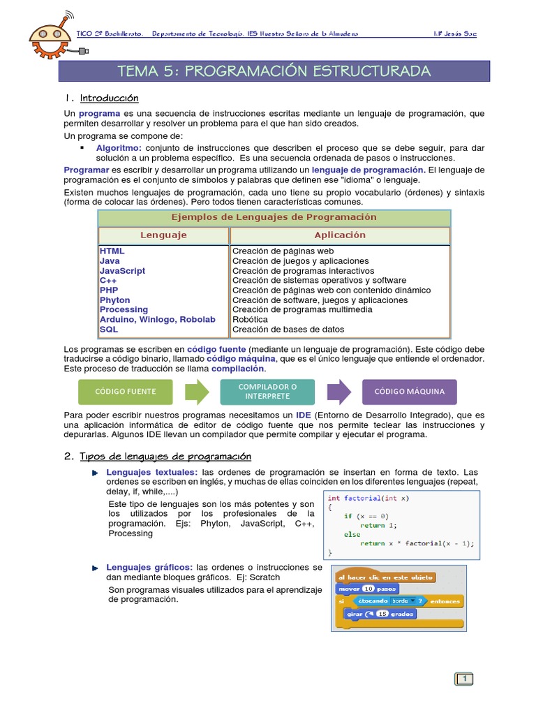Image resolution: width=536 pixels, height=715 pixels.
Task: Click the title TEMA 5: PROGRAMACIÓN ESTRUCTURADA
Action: coord(274,71)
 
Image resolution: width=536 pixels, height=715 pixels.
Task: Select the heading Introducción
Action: coord(110,98)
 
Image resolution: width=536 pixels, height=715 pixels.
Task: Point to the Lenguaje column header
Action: coord(163,235)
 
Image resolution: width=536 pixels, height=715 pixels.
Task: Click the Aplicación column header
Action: coord(340,235)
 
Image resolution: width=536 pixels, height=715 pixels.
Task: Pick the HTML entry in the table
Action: coord(112,251)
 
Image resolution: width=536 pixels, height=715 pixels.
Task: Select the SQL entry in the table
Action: coord(109,330)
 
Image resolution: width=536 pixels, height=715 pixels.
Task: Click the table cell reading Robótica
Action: coord(250,320)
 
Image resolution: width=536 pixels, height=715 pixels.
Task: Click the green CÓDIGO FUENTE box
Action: coord(126,392)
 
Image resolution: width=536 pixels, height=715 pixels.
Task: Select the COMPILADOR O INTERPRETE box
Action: coord(267,392)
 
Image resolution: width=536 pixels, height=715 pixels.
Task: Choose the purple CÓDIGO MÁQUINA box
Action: coord(410,392)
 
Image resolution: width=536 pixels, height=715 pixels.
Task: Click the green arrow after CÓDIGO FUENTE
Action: coord(197,392)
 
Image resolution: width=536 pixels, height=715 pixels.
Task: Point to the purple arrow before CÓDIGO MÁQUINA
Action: coord(338,392)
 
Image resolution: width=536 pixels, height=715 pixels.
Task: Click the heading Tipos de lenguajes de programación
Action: coord(165,457)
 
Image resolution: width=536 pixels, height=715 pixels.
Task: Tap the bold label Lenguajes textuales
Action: coord(142,473)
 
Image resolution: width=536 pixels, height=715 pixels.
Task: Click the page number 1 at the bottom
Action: coord(464,679)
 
